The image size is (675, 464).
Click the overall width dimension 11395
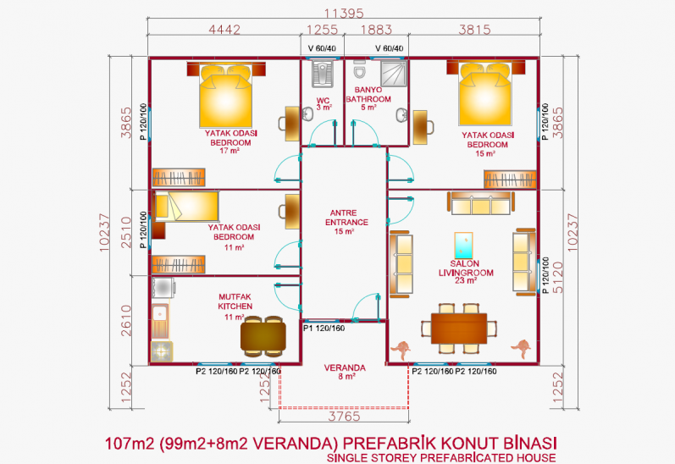click(x=344, y=14)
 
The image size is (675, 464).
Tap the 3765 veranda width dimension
click(x=344, y=417)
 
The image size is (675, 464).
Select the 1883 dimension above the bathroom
click(x=376, y=30)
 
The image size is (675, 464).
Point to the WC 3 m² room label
click(x=323, y=104)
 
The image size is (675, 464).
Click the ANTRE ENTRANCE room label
click(x=346, y=222)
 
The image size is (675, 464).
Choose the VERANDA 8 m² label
click(x=345, y=372)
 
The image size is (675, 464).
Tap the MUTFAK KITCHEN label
click(x=235, y=306)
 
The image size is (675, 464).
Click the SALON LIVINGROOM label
click(x=466, y=272)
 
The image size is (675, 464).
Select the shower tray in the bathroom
click(x=394, y=73)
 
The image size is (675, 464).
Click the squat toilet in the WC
click(x=322, y=74)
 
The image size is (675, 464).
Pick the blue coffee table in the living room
click(x=463, y=246)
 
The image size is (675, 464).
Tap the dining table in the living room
click(x=459, y=328)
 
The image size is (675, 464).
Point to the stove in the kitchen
click(x=162, y=351)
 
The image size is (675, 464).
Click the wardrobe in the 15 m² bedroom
click(x=510, y=179)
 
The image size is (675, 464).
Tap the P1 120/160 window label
click(x=324, y=329)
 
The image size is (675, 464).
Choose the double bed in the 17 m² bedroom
click(x=225, y=95)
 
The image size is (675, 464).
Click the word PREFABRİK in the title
click(x=389, y=443)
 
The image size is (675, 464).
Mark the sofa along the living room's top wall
click(x=481, y=203)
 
